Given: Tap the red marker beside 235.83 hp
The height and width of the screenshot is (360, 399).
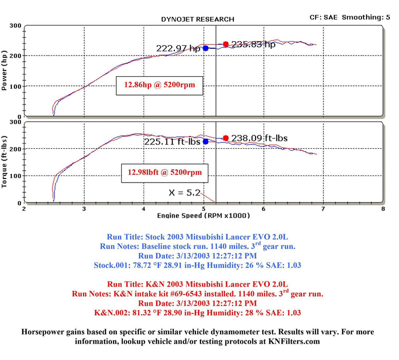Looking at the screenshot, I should click(x=226, y=44).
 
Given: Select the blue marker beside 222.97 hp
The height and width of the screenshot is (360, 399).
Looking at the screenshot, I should click(x=206, y=48).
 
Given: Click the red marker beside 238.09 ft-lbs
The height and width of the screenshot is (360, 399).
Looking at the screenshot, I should click(x=226, y=138).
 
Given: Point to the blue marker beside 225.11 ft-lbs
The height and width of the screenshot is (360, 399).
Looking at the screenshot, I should click(x=206, y=141).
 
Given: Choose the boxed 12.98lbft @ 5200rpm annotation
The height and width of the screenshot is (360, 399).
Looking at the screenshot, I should click(x=165, y=173).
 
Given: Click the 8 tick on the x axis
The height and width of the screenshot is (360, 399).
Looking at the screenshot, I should click(x=383, y=209).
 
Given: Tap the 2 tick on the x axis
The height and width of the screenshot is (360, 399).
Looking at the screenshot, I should click(x=24, y=209).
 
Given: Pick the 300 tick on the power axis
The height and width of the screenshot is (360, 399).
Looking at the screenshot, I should click(x=15, y=25).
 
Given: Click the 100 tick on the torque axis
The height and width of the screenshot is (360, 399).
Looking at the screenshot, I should click(x=15, y=176).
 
